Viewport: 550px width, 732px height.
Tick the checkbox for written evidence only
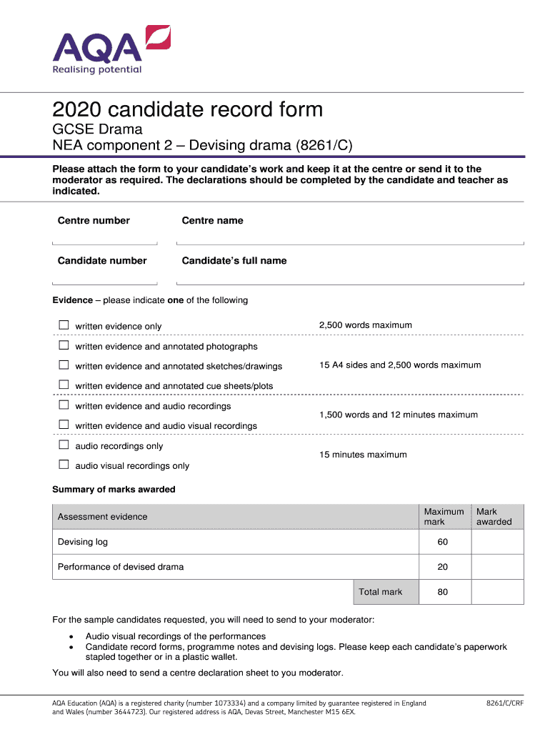coord(64,325)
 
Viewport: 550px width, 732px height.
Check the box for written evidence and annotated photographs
coord(64,345)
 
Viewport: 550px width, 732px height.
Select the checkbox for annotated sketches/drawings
coord(64,365)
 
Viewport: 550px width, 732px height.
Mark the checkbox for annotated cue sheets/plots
coord(64,385)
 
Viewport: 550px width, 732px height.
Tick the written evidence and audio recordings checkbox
coord(64,405)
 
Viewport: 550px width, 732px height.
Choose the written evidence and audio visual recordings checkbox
coord(64,425)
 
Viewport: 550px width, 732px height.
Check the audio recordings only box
coord(64,445)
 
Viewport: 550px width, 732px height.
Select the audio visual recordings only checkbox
coord(64,465)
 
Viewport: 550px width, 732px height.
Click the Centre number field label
coord(94,221)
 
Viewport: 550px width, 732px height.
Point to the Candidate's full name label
coord(234,261)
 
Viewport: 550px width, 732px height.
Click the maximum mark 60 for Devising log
coord(443,542)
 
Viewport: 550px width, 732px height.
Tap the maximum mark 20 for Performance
coord(443,567)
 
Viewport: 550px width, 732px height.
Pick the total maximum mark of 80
coord(443,592)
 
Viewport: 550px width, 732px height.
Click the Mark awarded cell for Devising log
coord(497,542)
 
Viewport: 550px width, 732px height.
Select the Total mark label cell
coord(381,592)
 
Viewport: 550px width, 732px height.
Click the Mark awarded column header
coord(494,517)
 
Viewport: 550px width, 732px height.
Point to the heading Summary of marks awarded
coord(114,490)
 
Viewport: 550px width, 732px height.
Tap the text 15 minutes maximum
coord(363,455)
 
